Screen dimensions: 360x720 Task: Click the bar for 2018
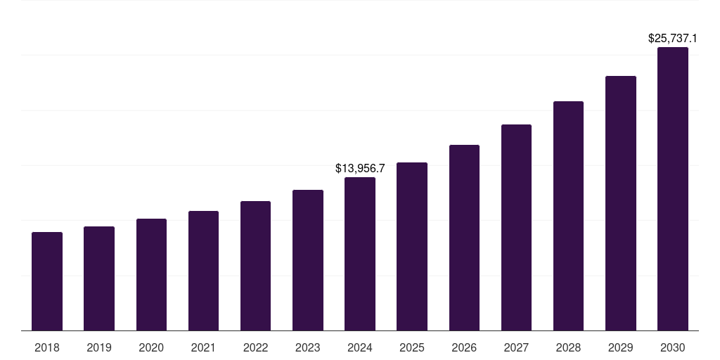pyautogui.click(x=47, y=281)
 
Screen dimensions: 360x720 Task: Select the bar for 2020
pyautogui.click(x=151, y=275)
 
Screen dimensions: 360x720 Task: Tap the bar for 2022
pyautogui.click(x=255, y=266)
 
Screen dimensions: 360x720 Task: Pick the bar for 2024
pyautogui.click(x=360, y=254)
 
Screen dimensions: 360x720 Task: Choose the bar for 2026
pyautogui.click(x=464, y=238)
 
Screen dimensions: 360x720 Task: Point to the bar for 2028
pyautogui.click(x=568, y=216)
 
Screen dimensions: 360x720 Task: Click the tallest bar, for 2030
pyautogui.click(x=673, y=189)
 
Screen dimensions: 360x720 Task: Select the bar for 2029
pyautogui.click(x=621, y=203)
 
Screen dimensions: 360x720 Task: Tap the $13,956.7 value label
pyautogui.click(x=360, y=169)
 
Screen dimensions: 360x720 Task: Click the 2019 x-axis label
pyautogui.click(x=99, y=347)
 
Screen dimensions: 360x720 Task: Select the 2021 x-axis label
pyautogui.click(x=203, y=347)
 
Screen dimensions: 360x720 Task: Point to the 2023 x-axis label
pyautogui.click(x=308, y=347)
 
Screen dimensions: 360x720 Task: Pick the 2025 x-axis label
pyautogui.click(x=412, y=347)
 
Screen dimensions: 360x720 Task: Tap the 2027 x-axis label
pyautogui.click(x=516, y=347)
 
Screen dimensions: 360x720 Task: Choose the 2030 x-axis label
pyautogui.click(x=673, y=347)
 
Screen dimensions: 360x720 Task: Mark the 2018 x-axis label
pyautogui.click(x=47, y=347)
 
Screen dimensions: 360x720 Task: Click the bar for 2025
pyautogui.click(x=412, y=246)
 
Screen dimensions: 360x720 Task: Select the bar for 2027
pyautogui.click(x=516, y=227)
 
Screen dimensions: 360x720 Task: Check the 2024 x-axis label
pyautogui.click(x=360, y=347)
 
